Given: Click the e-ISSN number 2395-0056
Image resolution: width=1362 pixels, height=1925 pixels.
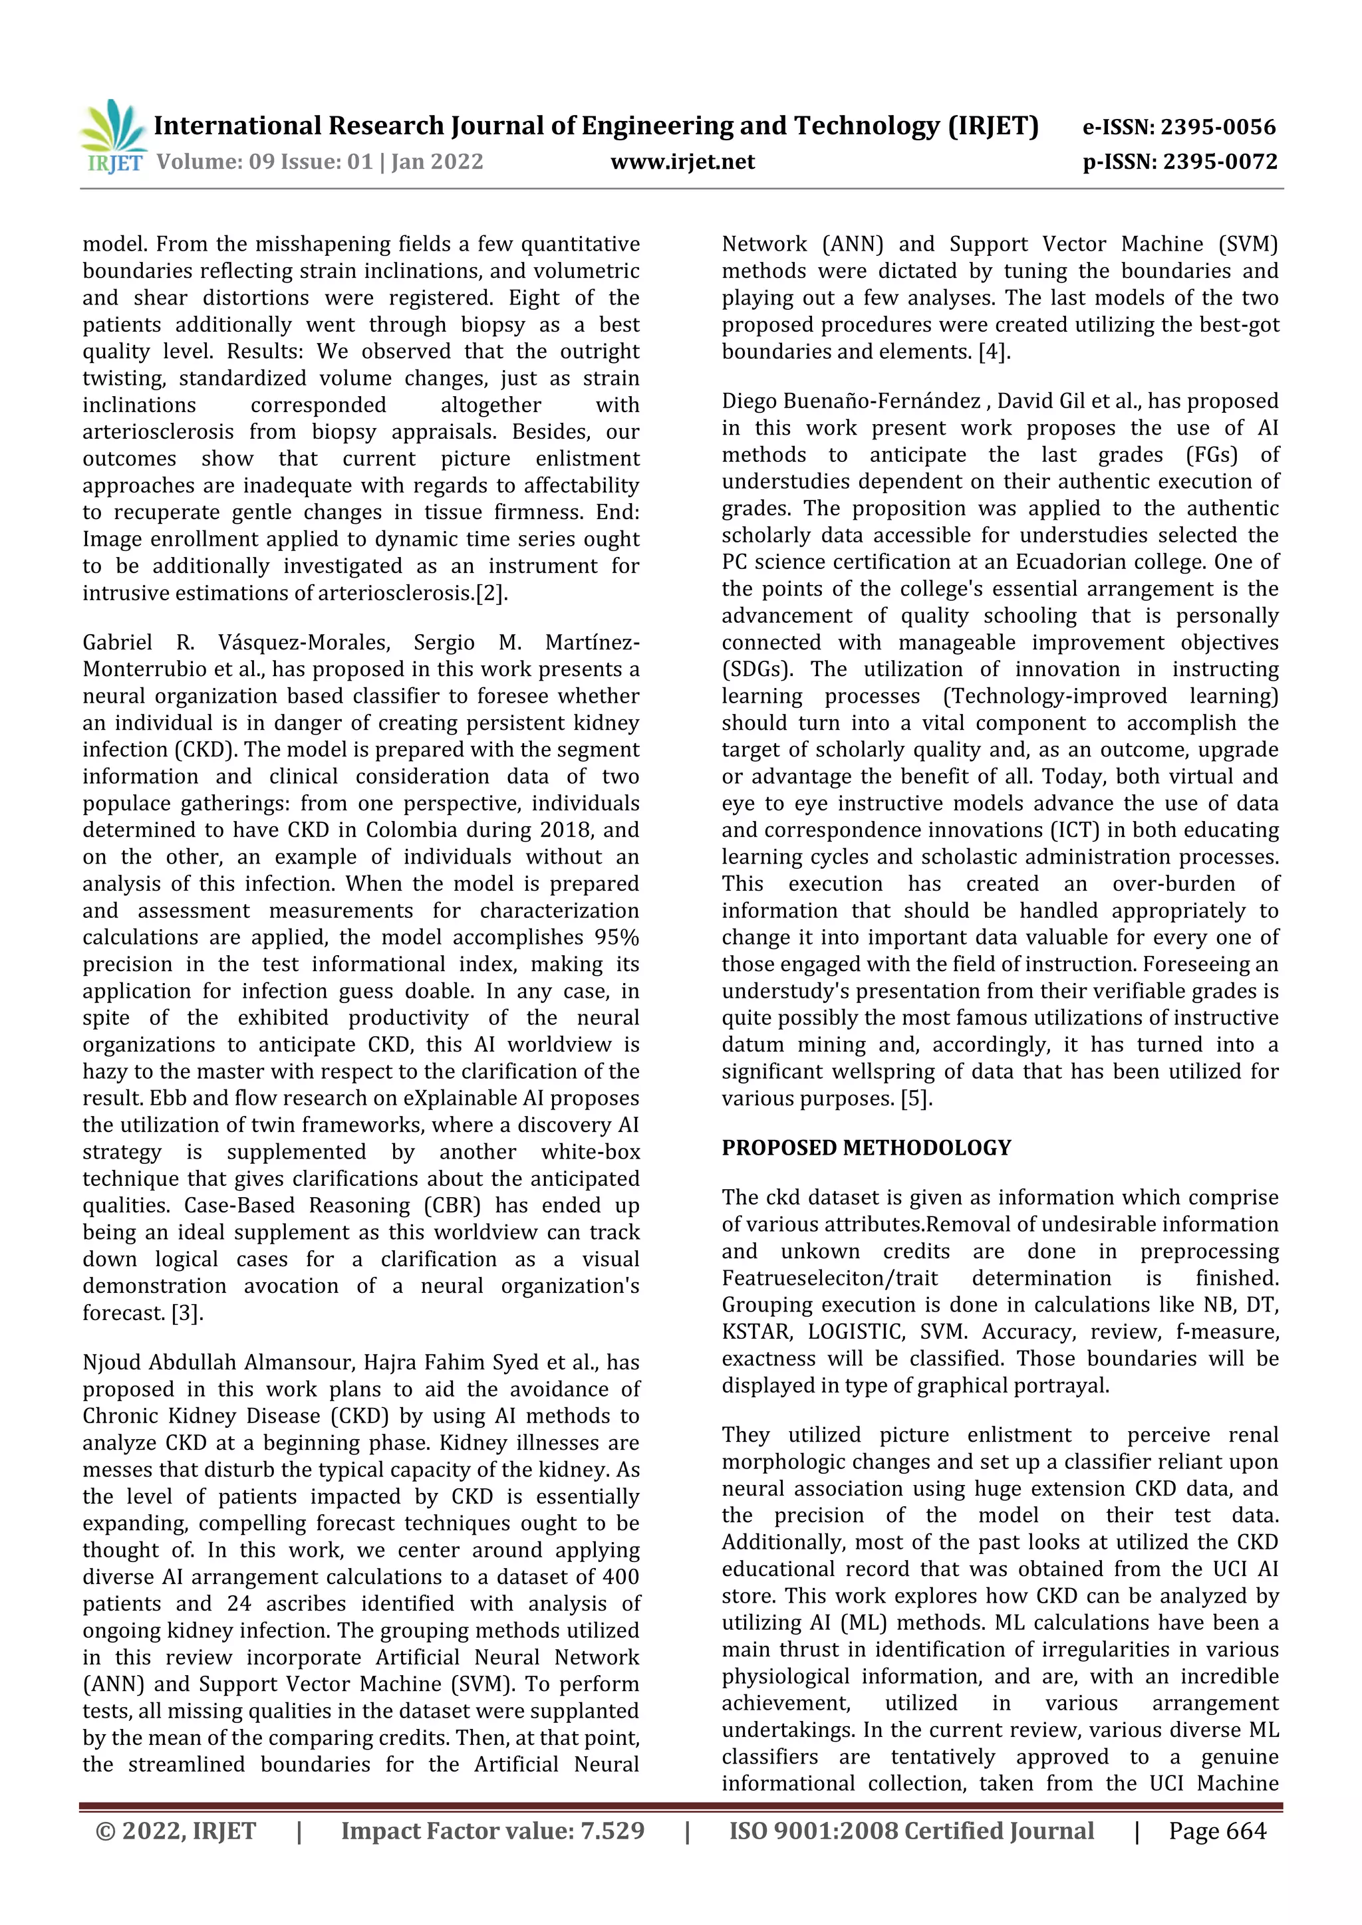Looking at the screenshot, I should click(x=1217, y=128).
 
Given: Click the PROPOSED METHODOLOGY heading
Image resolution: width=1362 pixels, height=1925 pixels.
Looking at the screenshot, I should click(x=867, y=1148).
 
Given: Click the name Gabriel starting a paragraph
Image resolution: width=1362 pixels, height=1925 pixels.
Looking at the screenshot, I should click(x=118, y=643).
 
